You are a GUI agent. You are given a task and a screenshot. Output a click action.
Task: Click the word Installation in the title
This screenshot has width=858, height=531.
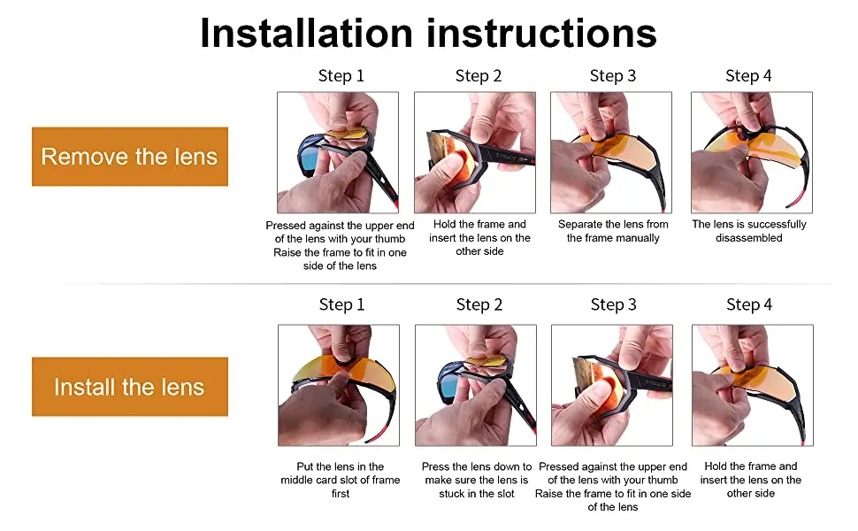point(306,34)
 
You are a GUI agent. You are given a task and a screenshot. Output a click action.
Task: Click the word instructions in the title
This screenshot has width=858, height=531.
point(541,34)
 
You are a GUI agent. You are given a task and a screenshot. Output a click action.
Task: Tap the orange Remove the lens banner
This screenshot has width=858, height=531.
point(130,157)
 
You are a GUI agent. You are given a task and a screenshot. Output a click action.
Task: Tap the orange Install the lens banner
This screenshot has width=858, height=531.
point(130,387)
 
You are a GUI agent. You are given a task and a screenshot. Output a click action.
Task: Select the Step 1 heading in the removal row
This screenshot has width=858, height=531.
point(341,75)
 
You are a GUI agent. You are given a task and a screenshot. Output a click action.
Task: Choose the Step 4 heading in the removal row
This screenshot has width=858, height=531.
point(748,75)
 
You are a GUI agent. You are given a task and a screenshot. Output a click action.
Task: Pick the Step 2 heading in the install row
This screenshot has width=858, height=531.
point(479,304)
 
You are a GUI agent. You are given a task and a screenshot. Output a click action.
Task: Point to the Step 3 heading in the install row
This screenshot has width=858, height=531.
point(613,304)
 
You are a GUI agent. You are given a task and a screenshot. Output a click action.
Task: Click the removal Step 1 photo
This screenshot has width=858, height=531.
point(338,152)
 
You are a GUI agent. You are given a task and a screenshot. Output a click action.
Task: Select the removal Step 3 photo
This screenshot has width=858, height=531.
point(610,152)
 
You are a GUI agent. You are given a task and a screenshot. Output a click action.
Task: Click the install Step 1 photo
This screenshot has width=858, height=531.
point(339,385)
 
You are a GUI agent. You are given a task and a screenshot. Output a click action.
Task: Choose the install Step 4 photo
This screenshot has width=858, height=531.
point(753,385)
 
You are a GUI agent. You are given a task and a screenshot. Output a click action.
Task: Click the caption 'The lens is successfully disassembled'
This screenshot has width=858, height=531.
point(749,231)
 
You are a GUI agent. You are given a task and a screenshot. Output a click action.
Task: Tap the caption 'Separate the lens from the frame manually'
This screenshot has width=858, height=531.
point(613,231)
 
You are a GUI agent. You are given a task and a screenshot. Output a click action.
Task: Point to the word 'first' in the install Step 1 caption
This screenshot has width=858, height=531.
point(341,494)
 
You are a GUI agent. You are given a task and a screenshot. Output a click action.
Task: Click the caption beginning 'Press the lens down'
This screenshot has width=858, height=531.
point(477,480)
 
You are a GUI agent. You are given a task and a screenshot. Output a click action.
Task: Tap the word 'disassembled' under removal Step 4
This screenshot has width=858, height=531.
point(749,238)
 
